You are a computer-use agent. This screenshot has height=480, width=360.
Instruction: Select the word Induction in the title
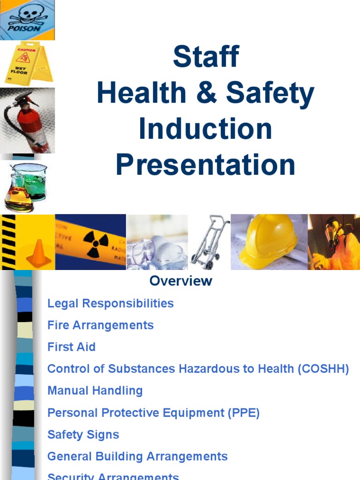click(205, 129)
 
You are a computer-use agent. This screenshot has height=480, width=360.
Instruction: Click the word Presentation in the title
click(205, 165)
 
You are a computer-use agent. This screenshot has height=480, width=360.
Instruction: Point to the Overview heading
click(180, 281)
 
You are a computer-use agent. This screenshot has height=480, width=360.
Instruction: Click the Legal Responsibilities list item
click(110, 303)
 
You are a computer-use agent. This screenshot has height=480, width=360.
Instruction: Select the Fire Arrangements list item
click(100, 325)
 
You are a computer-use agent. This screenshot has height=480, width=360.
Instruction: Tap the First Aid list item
click(71, 347)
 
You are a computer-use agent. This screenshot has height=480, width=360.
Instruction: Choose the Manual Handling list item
click(95, 390)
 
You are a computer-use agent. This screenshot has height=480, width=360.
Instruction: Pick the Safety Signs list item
click(83, 435)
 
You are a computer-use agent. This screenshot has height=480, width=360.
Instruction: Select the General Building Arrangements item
click(137, 456)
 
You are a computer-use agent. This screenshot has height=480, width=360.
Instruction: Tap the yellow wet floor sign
click(26, 63)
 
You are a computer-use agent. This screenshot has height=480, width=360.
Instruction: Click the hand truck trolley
click(209, 241)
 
